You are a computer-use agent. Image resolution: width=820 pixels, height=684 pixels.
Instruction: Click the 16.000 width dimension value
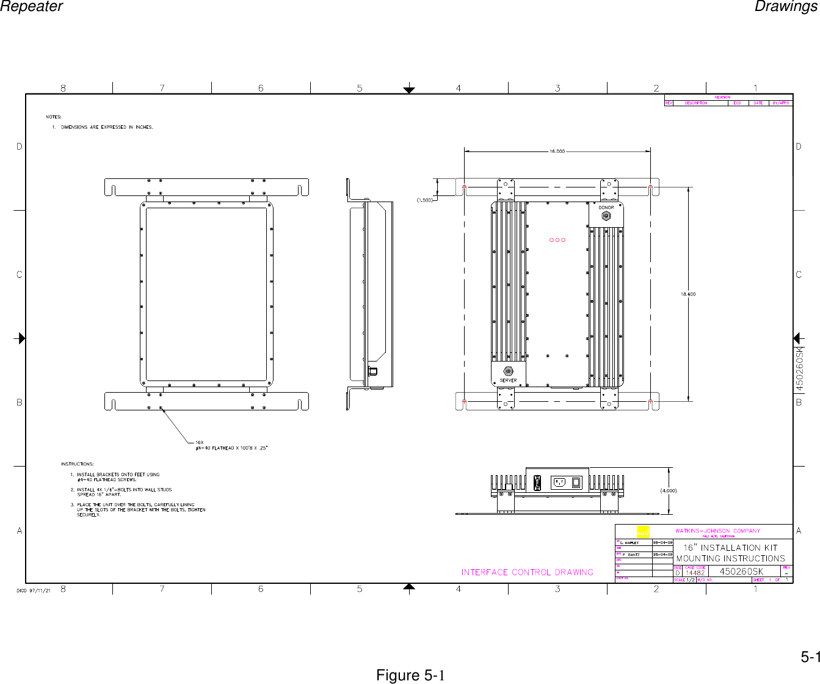click(x=557, y=151)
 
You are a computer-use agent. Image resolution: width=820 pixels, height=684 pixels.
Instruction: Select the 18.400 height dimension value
click(x=688, y=294)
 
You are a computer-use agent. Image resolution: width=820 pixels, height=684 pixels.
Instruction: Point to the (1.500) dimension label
click(x=425, y=200)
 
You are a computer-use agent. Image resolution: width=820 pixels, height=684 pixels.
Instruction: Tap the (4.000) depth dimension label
click(x=668, y=490)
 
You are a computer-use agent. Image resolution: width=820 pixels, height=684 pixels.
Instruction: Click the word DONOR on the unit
click(x=606, y=208)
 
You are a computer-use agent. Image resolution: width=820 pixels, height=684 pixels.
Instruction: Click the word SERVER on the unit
click(x=508, y=380)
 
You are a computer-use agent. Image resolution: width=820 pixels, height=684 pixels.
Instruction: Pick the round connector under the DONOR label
click(x=606, y=216)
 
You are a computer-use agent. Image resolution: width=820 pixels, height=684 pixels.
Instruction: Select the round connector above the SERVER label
click(x=508, y=371)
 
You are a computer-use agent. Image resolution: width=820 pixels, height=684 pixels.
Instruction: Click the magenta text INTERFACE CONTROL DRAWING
click(x=528, y=572)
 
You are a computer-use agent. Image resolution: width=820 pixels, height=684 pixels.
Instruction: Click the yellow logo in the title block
click(x=643, y=531)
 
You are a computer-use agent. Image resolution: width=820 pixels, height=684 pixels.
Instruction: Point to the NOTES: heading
click(x=54, y=117)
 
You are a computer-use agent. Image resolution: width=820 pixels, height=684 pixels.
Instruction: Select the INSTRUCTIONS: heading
click(x=78, y=464)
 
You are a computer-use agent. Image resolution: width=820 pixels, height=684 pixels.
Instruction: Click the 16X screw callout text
click(x=199, y=442)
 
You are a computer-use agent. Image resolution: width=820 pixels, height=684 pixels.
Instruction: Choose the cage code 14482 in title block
click(x=695, y=573)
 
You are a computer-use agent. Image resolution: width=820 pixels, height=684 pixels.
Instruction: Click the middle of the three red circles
click(x=557, y=240)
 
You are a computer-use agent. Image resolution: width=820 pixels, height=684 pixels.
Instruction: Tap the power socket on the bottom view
click(x=559, y=482)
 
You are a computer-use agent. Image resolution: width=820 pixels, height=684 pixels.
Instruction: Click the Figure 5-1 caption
click(x=410, y=675)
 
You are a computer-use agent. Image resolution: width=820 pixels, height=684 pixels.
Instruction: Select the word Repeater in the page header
click(x=31, y=7)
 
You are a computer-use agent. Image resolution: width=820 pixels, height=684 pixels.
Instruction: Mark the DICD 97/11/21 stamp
click(x=33, y=590)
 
